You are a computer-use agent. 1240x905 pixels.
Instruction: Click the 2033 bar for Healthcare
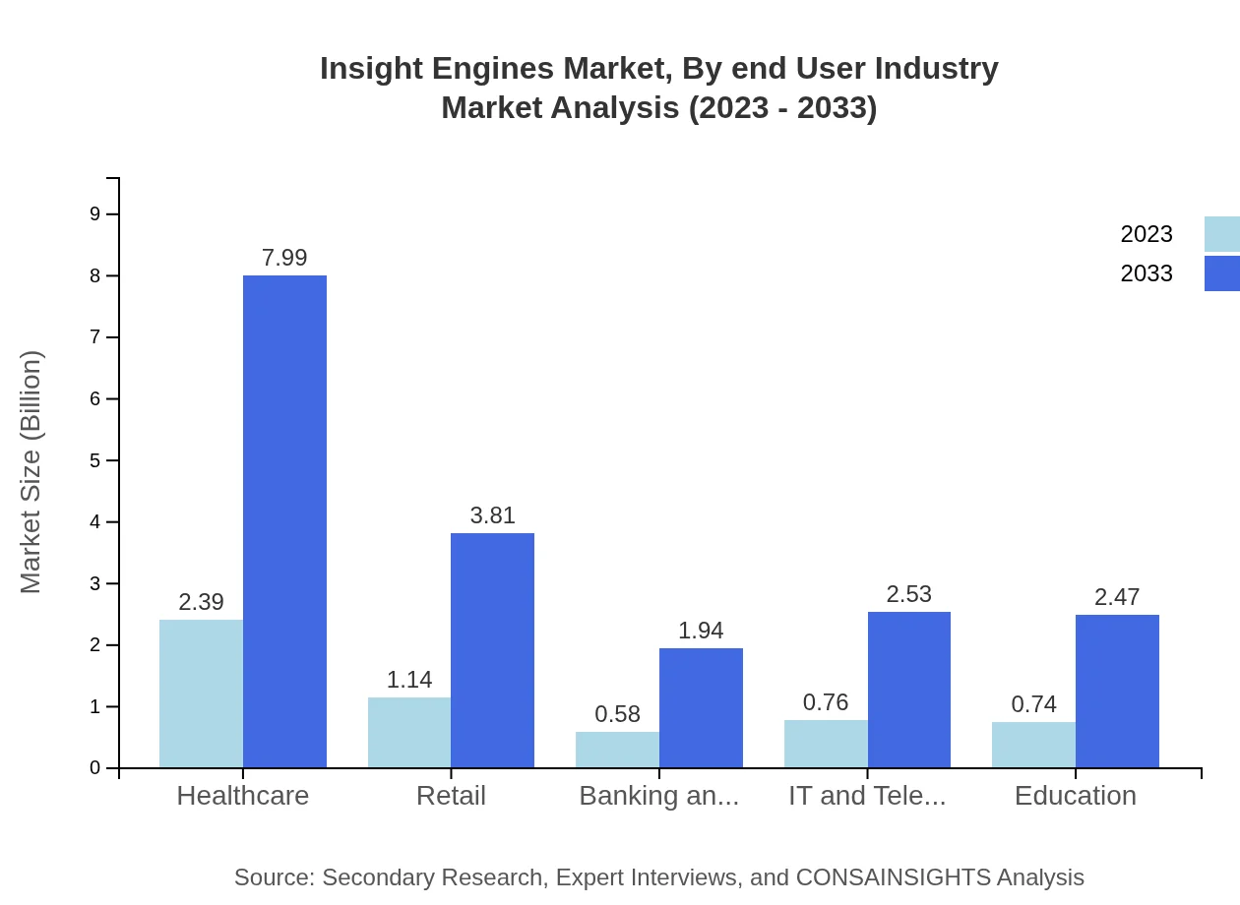(x=284, y=521)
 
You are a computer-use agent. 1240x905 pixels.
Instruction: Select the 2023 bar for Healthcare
(x=201, y=694)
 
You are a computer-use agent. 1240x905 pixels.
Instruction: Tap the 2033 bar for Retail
(x=492, y=650)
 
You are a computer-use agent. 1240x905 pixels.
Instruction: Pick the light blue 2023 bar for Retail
(x=409, y=733)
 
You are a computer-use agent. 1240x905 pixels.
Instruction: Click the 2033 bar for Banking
(x=701, y=708)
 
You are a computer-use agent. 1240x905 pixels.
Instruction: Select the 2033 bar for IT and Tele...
(x=909, y=690)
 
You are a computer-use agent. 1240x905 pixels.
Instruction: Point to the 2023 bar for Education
(x=1033, y=746)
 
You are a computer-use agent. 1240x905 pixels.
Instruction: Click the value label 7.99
(x=284, y=258)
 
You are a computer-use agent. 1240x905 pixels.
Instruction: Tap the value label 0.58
(x=617, y=714)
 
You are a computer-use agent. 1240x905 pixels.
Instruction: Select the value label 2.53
(x=908, y=594)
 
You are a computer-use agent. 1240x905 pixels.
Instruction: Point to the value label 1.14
(x=409, y=680)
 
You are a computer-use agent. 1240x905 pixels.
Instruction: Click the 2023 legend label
(x=1147, y=234)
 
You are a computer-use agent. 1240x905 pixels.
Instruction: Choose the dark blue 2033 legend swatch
(x=1221, y=273)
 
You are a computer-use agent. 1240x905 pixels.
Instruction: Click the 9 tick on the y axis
(x=95, y=213)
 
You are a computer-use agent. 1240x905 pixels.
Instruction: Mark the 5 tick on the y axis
(x=95, y=460)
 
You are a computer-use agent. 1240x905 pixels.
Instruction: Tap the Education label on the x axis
(x=1075, y=796)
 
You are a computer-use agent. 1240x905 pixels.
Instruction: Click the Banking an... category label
(x=658, y=796)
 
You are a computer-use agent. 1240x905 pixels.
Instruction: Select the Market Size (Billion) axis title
(x=31, y=472)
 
